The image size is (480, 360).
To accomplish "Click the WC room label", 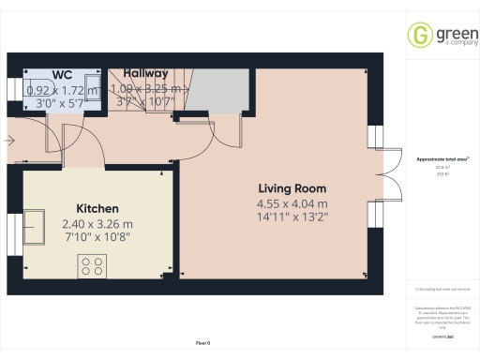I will [x=63, y=74].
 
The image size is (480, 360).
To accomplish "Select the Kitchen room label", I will [x=97, y=208].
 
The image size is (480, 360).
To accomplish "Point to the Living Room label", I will [x=292, y=187].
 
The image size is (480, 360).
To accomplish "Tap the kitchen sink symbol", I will [x=39, y=226].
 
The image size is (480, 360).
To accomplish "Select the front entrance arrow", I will [x=8, y=141].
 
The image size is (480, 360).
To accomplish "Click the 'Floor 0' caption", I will [x=202, y=345].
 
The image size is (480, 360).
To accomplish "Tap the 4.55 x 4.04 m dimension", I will [x=292, y=204].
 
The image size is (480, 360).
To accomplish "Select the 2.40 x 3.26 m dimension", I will [x=97, y=224].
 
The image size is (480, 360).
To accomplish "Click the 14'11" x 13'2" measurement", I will [x=292, y=218].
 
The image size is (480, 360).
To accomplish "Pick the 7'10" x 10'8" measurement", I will [x=97, y=238].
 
